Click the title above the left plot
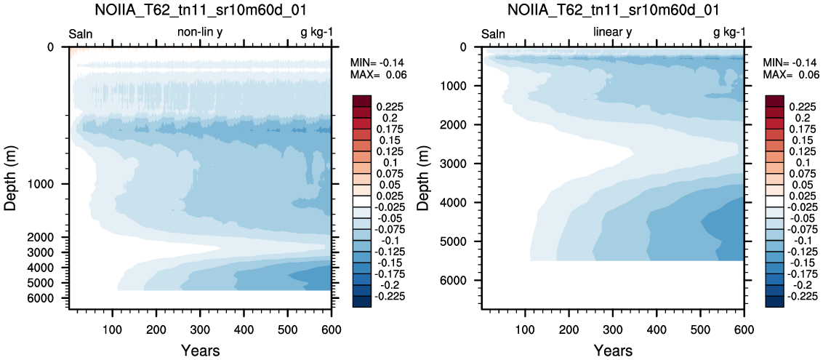[x=199, y=10]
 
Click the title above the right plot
[x=613, y=10]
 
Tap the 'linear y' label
[x=612, y=33]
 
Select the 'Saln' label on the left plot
[x=81, y=34]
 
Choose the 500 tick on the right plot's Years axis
[x=700, y=329]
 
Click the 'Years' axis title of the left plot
[x=200, y=350]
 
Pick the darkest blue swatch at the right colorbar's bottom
[x=776, y=302]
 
